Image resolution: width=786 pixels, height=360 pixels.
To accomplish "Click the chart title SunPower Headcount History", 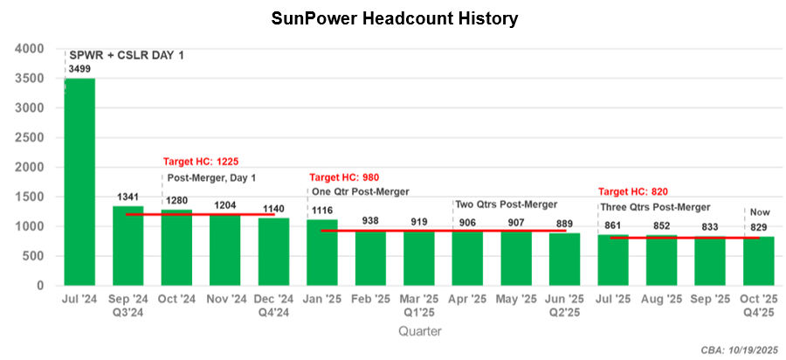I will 393,17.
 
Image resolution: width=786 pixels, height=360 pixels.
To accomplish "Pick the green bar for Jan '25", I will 323,253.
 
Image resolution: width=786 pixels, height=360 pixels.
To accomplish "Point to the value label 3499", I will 81,68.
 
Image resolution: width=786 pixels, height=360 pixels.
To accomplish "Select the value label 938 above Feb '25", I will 371,220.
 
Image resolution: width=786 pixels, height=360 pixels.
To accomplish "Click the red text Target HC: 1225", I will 201,162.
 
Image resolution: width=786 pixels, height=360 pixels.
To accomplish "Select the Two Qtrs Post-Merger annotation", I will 506,204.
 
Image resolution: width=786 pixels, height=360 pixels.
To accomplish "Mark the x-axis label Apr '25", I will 468,299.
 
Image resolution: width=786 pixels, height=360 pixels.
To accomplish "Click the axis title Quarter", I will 420,331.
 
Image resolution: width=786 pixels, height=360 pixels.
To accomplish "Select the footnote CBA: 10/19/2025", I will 738,350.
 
